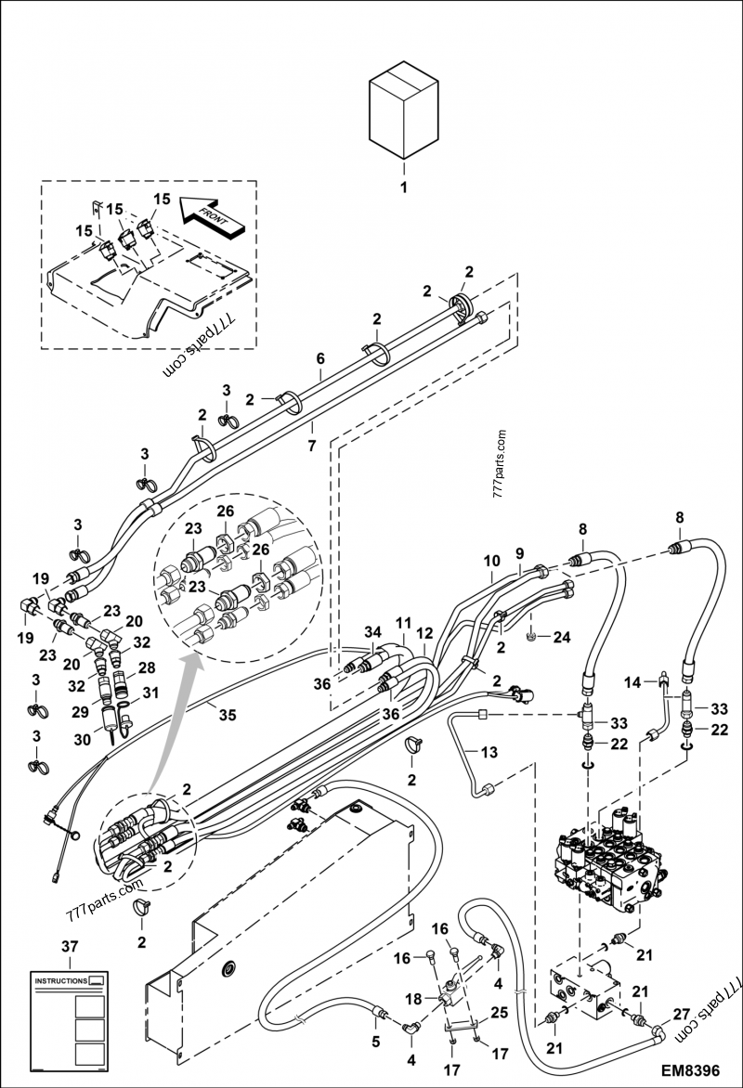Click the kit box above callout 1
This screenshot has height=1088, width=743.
pos(403,110)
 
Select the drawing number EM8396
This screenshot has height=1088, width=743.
pos(689,1069)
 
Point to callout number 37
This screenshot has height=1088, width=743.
pos(71,946)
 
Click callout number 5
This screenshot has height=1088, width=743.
pos(376,1042)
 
